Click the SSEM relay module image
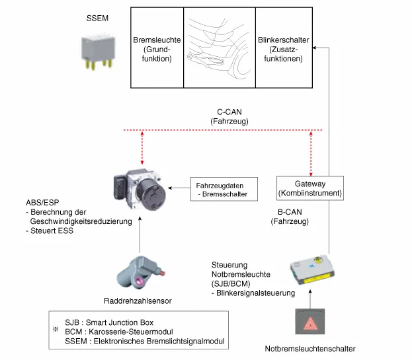pyautogui.click(x=96, y=52)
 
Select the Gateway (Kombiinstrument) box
pyautogui.click(x=309, y=188)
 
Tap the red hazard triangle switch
pyautogui.click(x=309, y=320)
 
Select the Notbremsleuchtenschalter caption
pyautogui.click(x=309, y=348)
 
